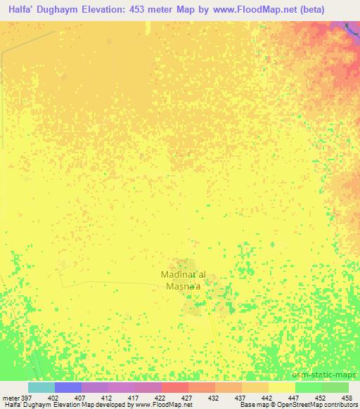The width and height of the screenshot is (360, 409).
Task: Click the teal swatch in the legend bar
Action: (41, 387)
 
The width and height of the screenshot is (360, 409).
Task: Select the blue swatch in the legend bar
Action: (68, 387)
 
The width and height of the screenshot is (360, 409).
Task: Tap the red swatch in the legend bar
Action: (175, 387)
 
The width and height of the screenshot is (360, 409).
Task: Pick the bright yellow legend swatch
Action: (282, 387)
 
